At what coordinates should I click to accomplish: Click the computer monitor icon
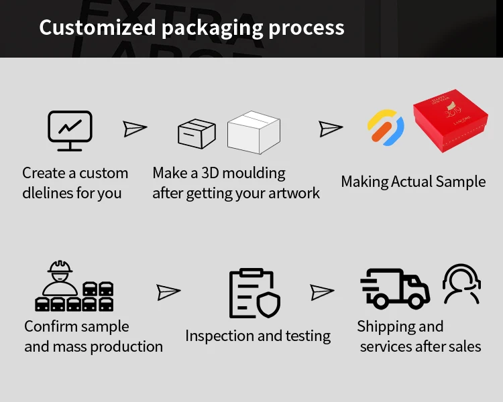pos(70,130)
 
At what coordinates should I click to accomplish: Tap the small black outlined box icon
pos(197,133)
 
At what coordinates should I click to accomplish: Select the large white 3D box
pos(254,131)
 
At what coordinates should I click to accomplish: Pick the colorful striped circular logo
pos(386,128)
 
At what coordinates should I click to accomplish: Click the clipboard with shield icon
pos(254,293)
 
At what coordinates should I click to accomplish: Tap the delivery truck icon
pos(395,289)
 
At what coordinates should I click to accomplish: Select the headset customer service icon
pos(461,284)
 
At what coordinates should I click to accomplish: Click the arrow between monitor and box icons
pos(135,129)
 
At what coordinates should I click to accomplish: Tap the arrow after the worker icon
pos(168,292)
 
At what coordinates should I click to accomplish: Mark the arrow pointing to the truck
pos(322,292)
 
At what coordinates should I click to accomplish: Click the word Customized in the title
pos(97,27)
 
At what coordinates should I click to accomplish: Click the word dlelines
pos(47,193)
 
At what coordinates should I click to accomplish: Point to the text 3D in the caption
pos(208,173)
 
